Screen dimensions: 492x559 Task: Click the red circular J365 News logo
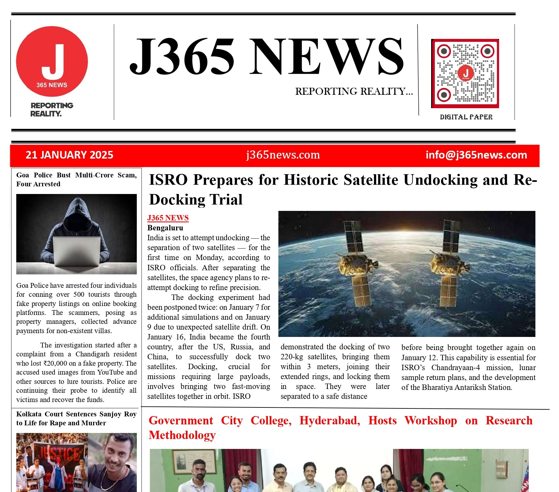[x=52, y=62]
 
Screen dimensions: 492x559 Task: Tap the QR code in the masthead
[x=465, y=73]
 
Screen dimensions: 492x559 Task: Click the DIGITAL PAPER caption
[x=466, y=117]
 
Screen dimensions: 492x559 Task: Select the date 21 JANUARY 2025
[x=69, y=155]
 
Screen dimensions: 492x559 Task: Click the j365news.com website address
[x=283, y=155]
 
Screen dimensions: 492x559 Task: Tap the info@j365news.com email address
[x=476, y=155]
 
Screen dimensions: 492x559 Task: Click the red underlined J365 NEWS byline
[x=168, y=218]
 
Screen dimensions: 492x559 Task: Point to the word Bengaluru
[x=165, y=228]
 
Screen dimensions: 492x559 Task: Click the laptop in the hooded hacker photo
[x=77, y=251]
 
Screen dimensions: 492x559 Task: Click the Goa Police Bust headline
[x=76, y=179]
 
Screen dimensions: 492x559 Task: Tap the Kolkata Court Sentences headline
[x=76, y=418]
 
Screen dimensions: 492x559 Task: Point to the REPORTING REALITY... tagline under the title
[x=354, y=92]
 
